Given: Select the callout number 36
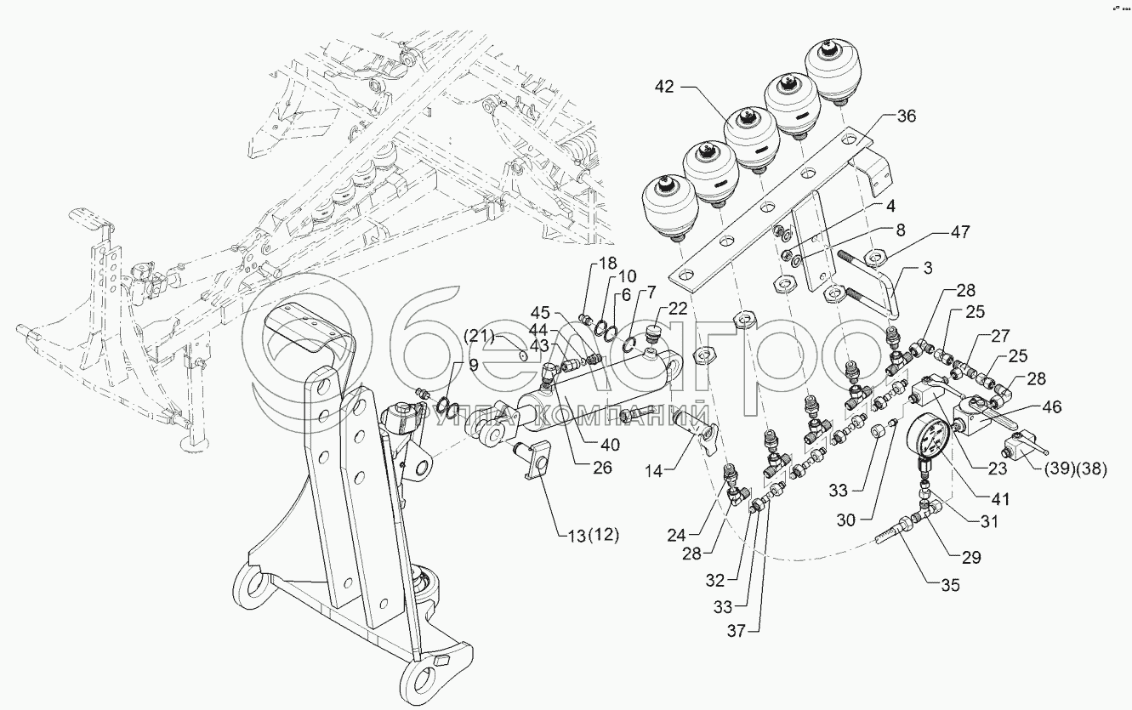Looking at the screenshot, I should point(906,117).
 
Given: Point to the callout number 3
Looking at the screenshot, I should point(926,270).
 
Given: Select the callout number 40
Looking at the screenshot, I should point(608,443).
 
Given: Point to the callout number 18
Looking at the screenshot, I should point(607,264).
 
